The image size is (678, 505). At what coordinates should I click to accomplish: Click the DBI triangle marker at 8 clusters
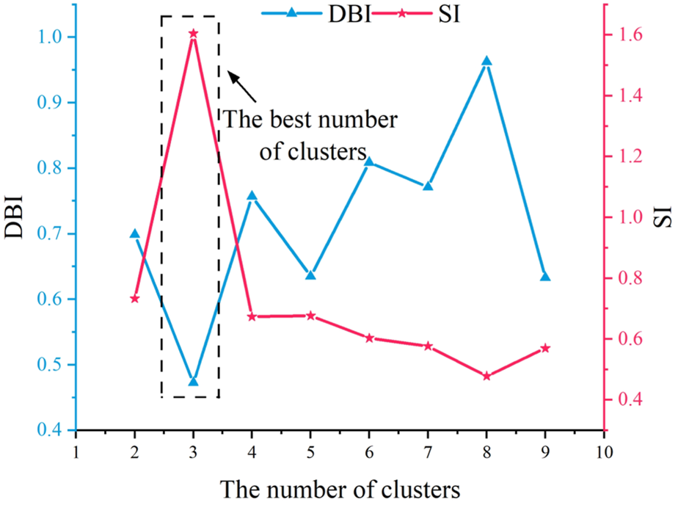[x=486, y=62]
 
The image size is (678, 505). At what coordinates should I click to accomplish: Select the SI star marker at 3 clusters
[x=193, y=34]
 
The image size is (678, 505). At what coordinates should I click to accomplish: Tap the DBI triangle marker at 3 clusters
[x=193, y=382]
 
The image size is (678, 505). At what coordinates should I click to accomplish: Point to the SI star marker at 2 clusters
[x=134, y=299]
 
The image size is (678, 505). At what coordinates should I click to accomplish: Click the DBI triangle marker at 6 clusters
[x=369, y=161]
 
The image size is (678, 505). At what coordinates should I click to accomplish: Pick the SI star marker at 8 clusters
[x=486, y=376]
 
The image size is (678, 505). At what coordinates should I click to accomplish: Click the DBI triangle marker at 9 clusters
[x=545, y=276]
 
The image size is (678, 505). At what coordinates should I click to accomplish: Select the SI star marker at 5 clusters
[x=310, y=316]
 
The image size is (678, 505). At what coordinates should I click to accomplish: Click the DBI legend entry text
[x=350, y=14]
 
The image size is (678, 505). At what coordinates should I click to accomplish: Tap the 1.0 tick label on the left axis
[x=55, y=37]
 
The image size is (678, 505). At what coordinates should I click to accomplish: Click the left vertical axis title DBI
[x=15, y=216]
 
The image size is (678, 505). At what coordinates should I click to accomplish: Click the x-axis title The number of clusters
[x=340, y=487]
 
